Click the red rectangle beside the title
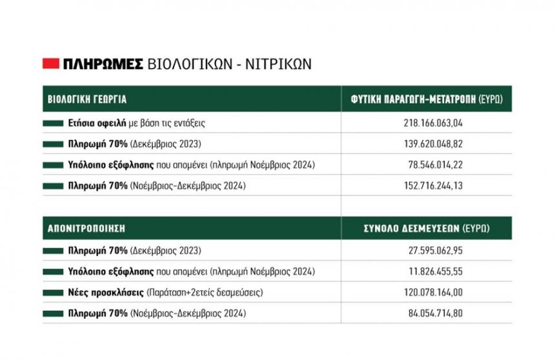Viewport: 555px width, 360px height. (x=51, y=63)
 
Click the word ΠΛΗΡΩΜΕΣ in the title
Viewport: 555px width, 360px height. (x=103, y=63)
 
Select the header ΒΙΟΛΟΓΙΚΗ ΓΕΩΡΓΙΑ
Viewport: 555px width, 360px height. (x=87, y=100)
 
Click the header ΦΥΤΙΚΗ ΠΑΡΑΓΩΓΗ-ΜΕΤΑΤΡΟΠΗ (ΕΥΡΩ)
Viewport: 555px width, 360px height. (x=427, y=100)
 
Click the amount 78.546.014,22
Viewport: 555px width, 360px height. (x=427, y=165)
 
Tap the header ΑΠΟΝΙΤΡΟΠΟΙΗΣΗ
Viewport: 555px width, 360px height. (x=86, y=228)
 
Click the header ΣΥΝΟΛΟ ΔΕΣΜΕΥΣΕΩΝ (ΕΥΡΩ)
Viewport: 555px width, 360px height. (x=427, y=228)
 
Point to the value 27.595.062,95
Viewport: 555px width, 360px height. (x=427, y=250)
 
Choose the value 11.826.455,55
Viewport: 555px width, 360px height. (x=427, y=272)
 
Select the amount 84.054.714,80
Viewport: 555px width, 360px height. (x=427, y=314)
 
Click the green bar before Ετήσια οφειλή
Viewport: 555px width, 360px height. (x=54, y=122)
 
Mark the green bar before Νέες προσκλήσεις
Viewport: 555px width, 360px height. (x=54, y=293)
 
